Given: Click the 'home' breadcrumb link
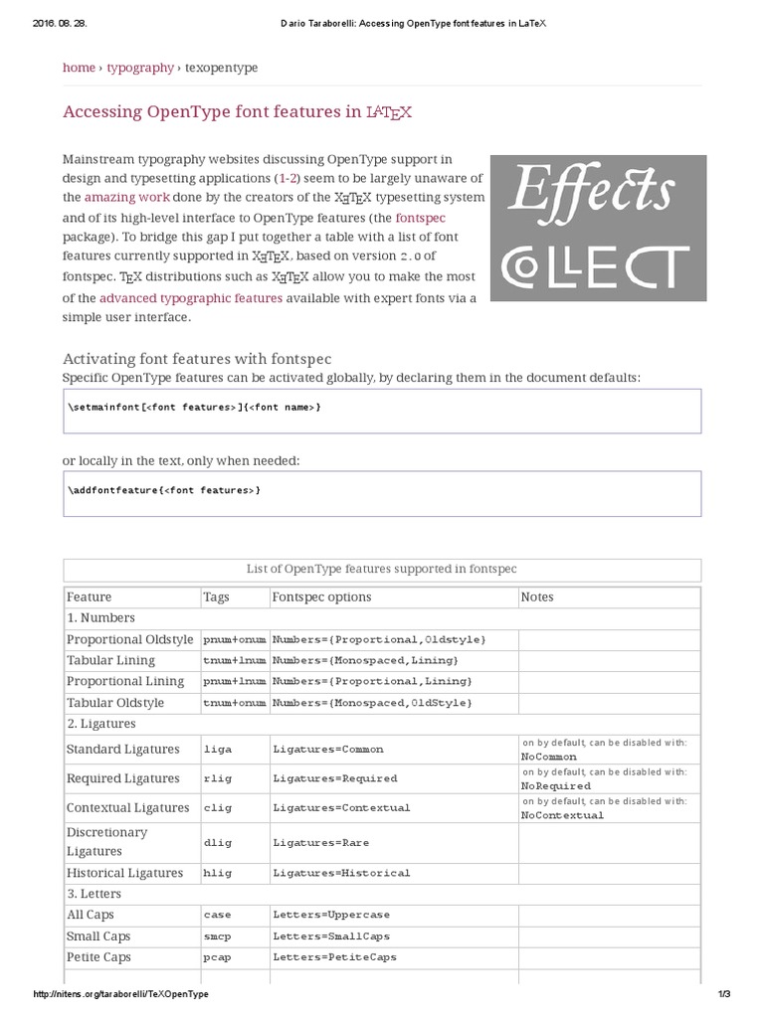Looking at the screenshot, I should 79,68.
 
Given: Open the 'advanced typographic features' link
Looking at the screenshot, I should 190,297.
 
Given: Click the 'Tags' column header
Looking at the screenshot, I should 216,596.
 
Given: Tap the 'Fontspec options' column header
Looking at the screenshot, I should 321,596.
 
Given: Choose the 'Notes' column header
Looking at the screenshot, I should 537,596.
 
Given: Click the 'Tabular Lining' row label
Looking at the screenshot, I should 110,660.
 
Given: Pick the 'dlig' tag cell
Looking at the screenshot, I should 217,842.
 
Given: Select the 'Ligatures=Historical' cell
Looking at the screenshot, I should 341,873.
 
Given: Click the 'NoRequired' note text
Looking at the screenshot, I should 555,785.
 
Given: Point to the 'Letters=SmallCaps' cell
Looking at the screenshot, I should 331,936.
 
